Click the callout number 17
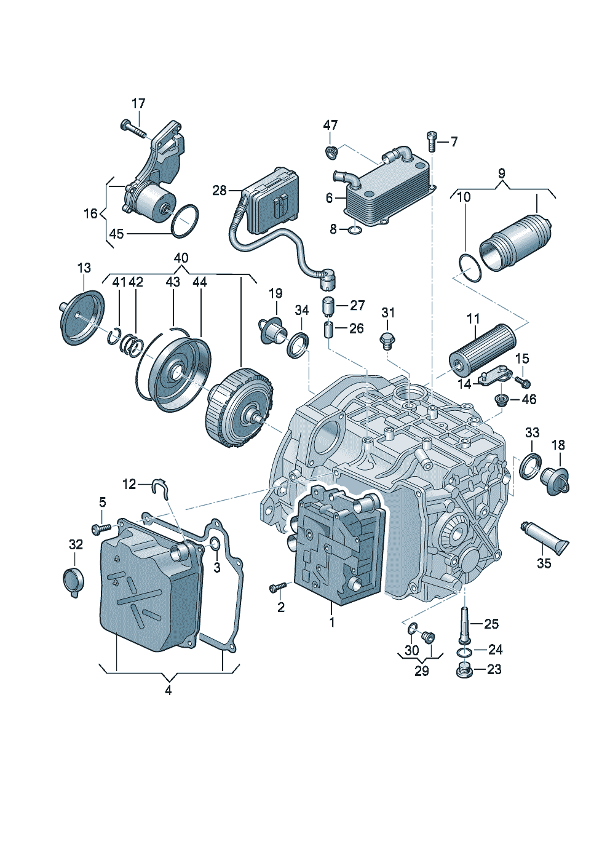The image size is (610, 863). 138,103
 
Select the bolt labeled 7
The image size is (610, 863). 432,142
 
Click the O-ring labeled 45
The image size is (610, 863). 185,221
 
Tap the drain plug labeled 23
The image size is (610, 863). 464,670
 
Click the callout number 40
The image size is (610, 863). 181,258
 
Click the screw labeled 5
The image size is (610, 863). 101,528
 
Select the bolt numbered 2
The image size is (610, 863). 276,588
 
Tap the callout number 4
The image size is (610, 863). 168,690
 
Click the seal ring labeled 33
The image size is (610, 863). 530,466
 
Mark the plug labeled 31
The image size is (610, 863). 387,339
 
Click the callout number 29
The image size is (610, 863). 421,671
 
